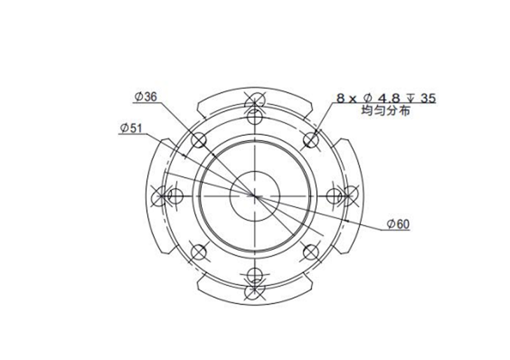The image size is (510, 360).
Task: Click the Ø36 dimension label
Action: pos(146,97)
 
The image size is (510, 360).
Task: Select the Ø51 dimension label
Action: pos(131,128)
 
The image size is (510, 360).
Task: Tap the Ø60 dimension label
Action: pos(398,224)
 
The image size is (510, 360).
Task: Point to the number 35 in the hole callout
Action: pos(428,98)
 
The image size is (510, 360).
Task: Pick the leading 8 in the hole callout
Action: pos(340,98)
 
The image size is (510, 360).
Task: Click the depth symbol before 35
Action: pos(411,98)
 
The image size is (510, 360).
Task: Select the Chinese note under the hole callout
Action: pos(385,111)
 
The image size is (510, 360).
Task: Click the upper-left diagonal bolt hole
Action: pos(199,140)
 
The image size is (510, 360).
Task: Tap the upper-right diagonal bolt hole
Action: pos(311,140)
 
